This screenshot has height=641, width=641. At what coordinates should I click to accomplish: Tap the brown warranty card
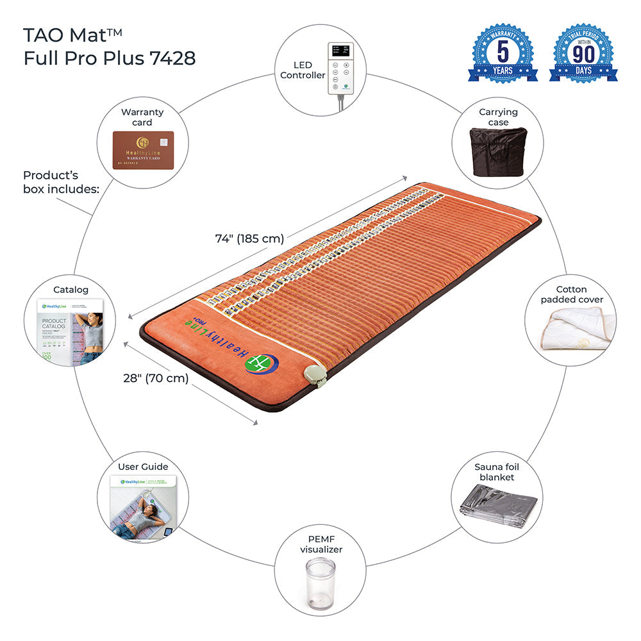pos(143,150)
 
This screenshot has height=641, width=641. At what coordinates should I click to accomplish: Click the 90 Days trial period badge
pos(583,54)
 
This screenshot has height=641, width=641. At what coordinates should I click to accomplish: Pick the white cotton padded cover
pos(572,333)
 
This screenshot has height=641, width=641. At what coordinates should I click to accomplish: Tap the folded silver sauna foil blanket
pos(498,508)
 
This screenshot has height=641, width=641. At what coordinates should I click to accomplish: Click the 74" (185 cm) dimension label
pos(249,238)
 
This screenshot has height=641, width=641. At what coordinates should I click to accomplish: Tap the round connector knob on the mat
pos(315,374)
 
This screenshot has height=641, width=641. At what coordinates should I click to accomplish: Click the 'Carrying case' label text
pos(498,117)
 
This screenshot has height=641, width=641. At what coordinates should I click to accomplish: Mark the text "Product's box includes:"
pos(61,181)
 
